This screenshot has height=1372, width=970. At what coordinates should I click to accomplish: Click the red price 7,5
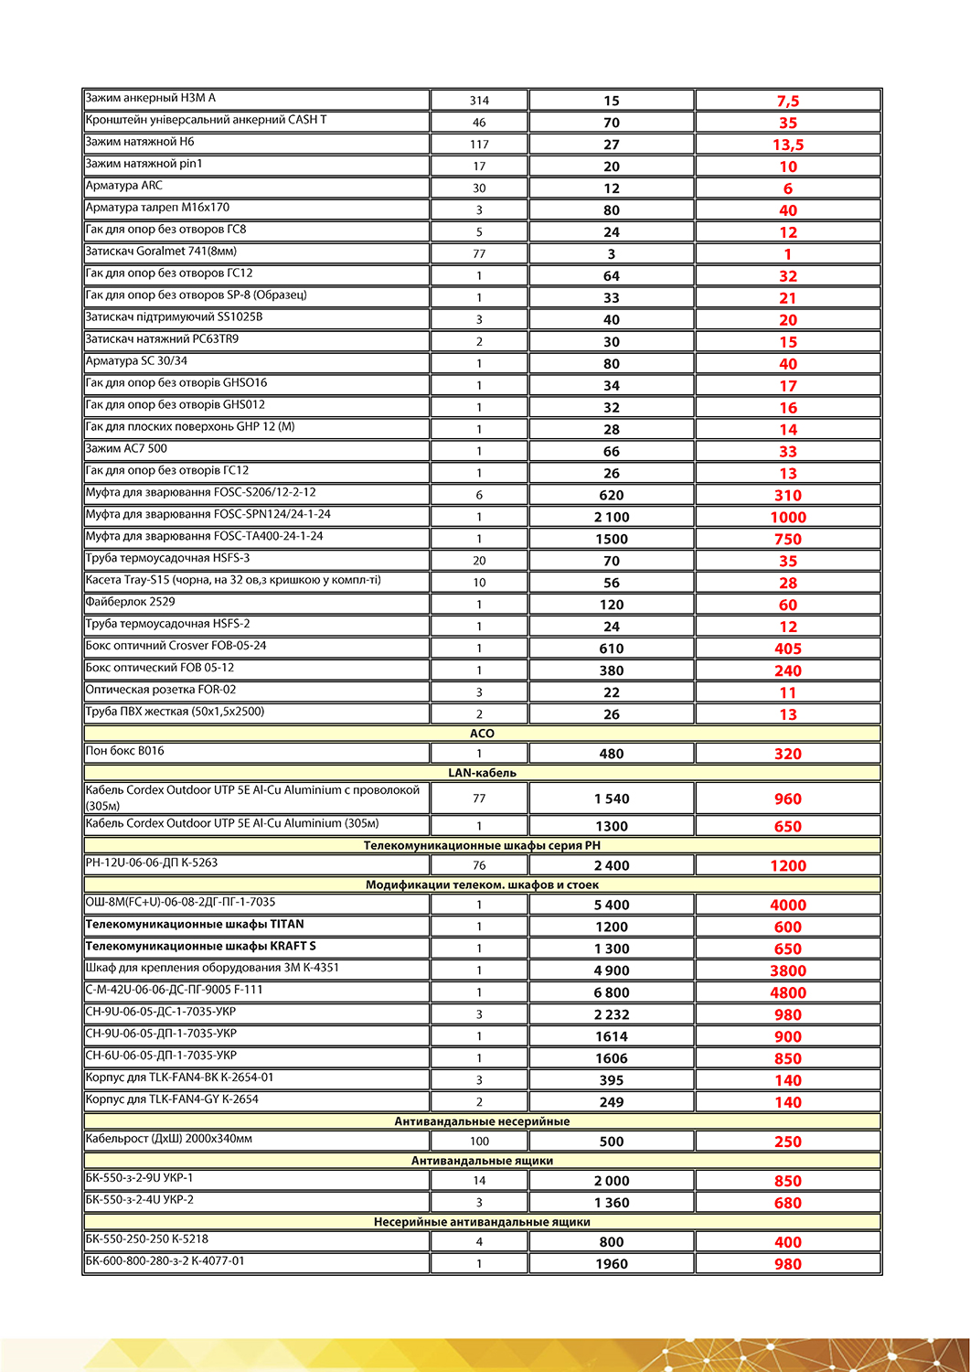coord(788,101)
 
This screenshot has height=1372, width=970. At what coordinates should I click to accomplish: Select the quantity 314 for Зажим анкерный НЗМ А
coord(479,101)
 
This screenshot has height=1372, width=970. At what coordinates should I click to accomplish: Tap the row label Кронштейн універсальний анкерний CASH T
coord(206,120)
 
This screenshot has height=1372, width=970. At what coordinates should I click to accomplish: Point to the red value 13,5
coord(788,145)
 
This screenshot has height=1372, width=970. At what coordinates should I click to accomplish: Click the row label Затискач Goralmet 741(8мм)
coord(161,252)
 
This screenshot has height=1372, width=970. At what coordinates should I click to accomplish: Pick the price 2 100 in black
coord(612,517)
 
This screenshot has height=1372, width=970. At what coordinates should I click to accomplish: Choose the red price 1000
coord(788,517)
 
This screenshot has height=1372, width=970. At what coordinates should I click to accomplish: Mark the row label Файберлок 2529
coord(130,602)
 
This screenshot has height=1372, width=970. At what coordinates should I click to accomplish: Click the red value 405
coord(788,648)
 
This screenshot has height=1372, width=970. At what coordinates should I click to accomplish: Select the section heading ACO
coord(482,734)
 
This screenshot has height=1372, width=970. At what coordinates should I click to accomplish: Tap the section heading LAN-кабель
coord(482,773)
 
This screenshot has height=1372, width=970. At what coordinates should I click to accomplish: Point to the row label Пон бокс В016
coord(125,751)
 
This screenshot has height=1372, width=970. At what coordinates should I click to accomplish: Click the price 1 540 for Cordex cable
coord(612,799)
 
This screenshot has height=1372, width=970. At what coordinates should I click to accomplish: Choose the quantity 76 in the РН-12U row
coord(479,865)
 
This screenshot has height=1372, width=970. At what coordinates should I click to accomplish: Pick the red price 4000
coord(788,905)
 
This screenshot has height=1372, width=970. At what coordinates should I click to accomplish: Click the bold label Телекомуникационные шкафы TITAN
coord(195,925)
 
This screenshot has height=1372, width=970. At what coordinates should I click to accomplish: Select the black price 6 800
coord(612,992)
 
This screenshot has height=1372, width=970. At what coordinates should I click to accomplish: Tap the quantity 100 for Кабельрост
coord(479,1142)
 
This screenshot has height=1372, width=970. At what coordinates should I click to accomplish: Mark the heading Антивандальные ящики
coord(482,1161)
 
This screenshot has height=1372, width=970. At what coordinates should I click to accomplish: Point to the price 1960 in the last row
coord(612,1264)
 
